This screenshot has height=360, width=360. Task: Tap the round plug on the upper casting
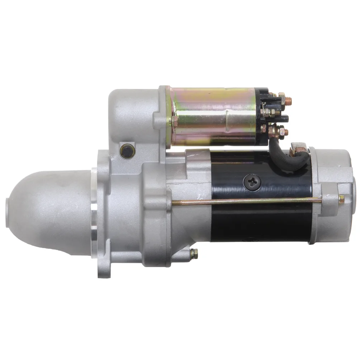click(x=127, y=151)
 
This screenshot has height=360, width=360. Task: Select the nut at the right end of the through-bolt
click(x=341, y=199)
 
